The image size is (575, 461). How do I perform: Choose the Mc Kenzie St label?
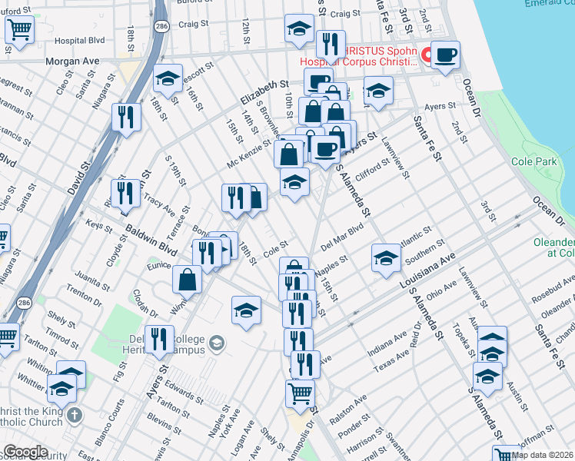coord(249,154)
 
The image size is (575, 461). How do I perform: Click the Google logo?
coord(25,452)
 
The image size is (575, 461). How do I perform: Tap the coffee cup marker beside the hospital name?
coord(445,56)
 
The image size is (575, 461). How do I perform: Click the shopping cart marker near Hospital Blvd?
coord(20,30)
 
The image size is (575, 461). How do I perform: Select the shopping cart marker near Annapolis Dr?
coord(300,393)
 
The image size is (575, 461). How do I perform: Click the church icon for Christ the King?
coord(74,416)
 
